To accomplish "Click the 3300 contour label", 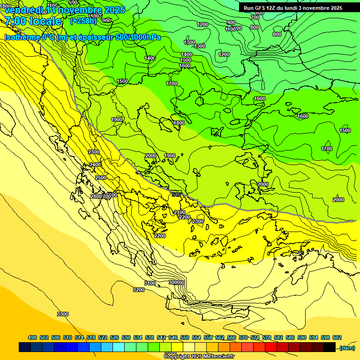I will pos(63,314).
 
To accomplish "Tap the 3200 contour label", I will pos(139,290).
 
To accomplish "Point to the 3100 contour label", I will pos(150,283).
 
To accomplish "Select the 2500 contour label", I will pos(101,178).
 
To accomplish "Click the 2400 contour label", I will pos(95,165).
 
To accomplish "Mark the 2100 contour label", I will pos(180,212).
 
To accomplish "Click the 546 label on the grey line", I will pos(176,195).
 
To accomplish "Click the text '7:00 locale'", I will pos(33,21).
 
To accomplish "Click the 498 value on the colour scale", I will pos(32,337).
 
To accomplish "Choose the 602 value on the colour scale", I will pos(337,337).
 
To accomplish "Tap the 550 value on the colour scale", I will pos(185,337).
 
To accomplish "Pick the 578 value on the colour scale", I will pos(267,337).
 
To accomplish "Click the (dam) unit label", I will pos(347,347).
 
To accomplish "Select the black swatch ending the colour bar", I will pos(330,347).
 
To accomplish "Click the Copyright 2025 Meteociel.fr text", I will pos(199,357).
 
